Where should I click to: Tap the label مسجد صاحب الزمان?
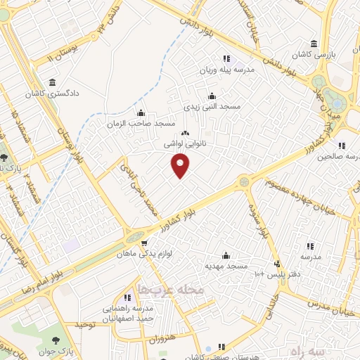141,123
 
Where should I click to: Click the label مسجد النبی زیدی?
212,106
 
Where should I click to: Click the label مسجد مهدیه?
226,266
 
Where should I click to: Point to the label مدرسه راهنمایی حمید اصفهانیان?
127,313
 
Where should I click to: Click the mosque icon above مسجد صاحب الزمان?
141,112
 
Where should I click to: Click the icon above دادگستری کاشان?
53,82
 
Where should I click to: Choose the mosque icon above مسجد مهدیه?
226,255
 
